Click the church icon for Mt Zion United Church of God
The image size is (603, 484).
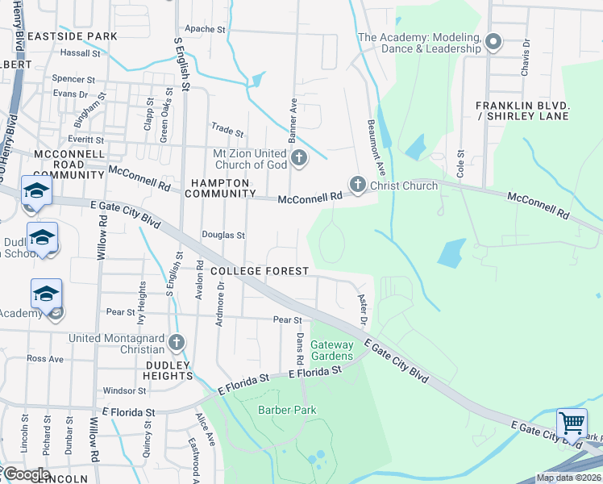(299, 158)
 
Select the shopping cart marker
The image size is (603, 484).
(572, 422)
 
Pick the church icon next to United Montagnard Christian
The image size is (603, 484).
(177, 343)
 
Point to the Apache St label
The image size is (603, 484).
(205, 29)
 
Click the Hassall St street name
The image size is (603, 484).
(80, 53)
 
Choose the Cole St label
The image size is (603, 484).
(461, 164)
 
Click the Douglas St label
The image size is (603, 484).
(223, 236)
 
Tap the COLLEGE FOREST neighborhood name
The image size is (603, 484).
(259, 271)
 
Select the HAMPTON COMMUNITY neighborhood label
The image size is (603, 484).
(218, 188)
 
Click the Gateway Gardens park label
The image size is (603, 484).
(332, 351)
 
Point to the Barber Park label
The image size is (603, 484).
(287, 410)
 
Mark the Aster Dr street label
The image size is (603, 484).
(363, 311)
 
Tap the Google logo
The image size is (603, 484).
(26, 474)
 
